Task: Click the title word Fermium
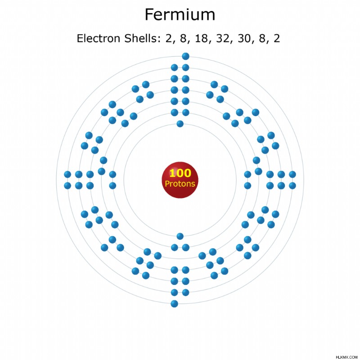pos(180,14)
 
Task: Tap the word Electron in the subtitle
pos(99,38)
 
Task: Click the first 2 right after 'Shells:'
pos(169,38)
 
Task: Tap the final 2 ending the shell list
pos(277,38)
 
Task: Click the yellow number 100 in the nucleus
pos(180,173)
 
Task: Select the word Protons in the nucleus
pos(180,184)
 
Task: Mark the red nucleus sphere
pos(180,180)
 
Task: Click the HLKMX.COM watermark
pos(346,357)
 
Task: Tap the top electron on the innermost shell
pos(180,124)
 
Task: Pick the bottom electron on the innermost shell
pos(180,236)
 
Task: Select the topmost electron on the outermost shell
pos(185,56)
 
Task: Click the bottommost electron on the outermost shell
pos(174,304)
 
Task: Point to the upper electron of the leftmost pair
pos(67,175)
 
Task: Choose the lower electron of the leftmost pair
pos(67,185)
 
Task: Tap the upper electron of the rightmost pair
pos(292,175)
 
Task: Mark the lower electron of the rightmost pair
pos(292,185)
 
